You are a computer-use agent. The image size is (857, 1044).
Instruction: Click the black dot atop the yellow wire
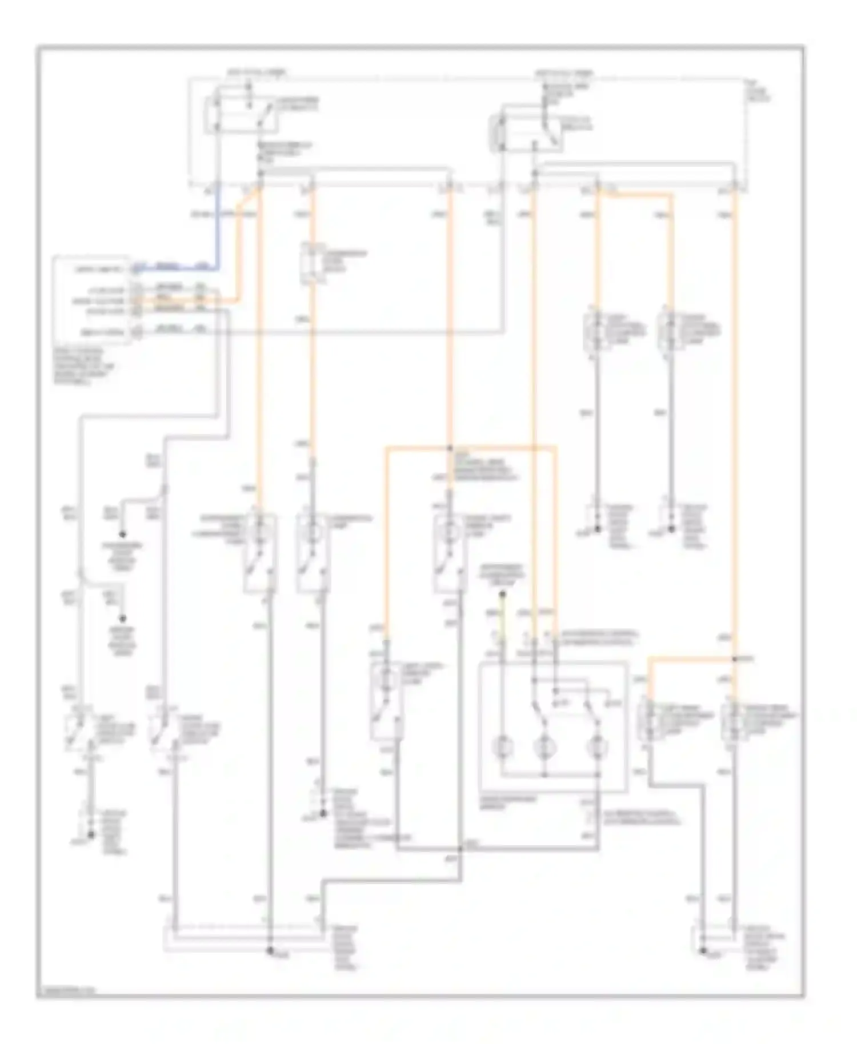pos(502,595)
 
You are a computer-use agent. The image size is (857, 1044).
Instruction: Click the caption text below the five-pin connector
pos(86,366)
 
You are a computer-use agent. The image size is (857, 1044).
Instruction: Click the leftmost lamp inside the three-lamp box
pos(503,746)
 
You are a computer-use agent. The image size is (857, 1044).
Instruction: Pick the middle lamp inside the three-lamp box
pos(544,746)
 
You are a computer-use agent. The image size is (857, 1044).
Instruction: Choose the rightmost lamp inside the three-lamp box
pos(598,746)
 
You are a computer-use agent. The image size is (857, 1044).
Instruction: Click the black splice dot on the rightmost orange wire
pos(735,659)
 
